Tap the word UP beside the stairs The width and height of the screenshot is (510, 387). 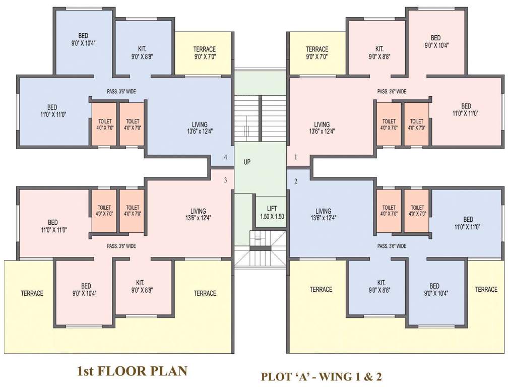pyautogui.click(x=247, y=163)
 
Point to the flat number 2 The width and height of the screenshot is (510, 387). pyautogui.click(x=296, y=181)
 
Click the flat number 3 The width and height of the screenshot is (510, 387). pyautogui.click(x=225, y=180)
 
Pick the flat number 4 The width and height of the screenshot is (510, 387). pyautogui.click(x=225, y=157)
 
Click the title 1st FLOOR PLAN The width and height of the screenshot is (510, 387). pyautogui.click(x=132, y=372)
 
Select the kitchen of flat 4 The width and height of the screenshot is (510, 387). pyautogui.click(x=142, y=50)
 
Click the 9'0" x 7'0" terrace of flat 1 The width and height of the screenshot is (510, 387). pyautogui.click(x=317, y=52)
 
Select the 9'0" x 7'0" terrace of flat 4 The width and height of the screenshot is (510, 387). pyautogui.click(x=205, y=52)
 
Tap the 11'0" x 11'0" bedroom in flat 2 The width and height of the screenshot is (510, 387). pyautogui.click(x=468, y=223)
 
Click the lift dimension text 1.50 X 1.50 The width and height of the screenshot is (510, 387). pyautogui.click(x=265, y=217)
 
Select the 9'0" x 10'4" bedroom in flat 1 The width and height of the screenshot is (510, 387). pyautogui.click(x=436, y=41)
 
